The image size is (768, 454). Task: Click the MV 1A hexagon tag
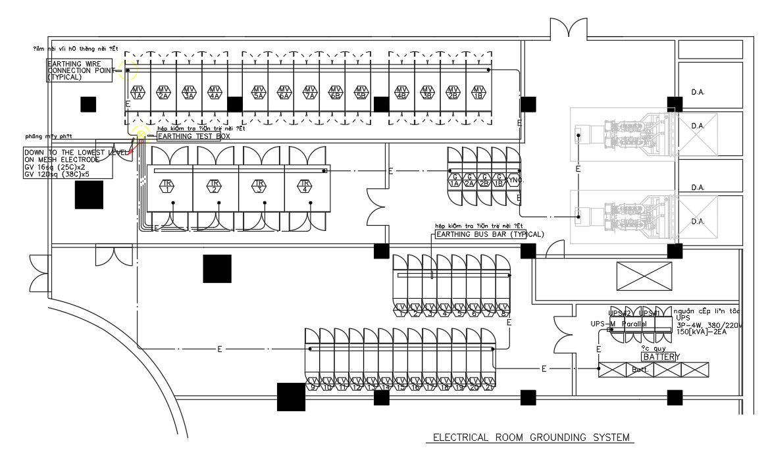[x=138, y=92]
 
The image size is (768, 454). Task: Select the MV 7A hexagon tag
[x=310, y=92]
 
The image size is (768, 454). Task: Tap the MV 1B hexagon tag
[x=478, y=92]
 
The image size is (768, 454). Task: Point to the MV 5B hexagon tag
[x=361, y=92]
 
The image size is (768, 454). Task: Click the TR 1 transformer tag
[x=168, y=186]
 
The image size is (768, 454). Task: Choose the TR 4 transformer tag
[x=305, y=186]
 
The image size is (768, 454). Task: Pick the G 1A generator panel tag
[x=455, y=180]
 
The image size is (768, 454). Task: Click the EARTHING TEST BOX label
[x=193, y=136]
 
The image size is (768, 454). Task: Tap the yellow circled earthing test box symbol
[x=140, y=134]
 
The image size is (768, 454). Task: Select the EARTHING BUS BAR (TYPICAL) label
[x=490, y=234]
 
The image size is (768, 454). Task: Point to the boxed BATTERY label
[x=659, y=357]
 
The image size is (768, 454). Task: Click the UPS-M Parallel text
[x=619, y=324]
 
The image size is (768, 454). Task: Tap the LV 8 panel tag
[x=504, y=311]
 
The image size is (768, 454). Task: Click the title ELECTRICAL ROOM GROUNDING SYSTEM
[x=530, y=438]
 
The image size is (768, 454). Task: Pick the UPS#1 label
[x=650, y=313]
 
